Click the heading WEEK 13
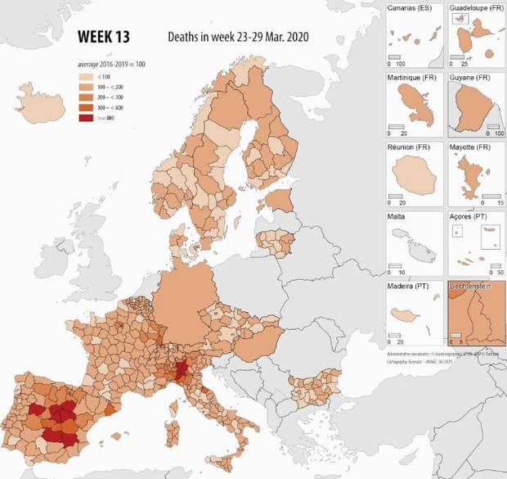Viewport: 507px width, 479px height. (x=102, y=37)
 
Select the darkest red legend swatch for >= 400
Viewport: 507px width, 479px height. (x=84, y=117)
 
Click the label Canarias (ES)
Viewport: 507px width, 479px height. (x=409, y=9)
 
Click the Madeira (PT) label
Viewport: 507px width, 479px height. (x=407, y=287)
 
